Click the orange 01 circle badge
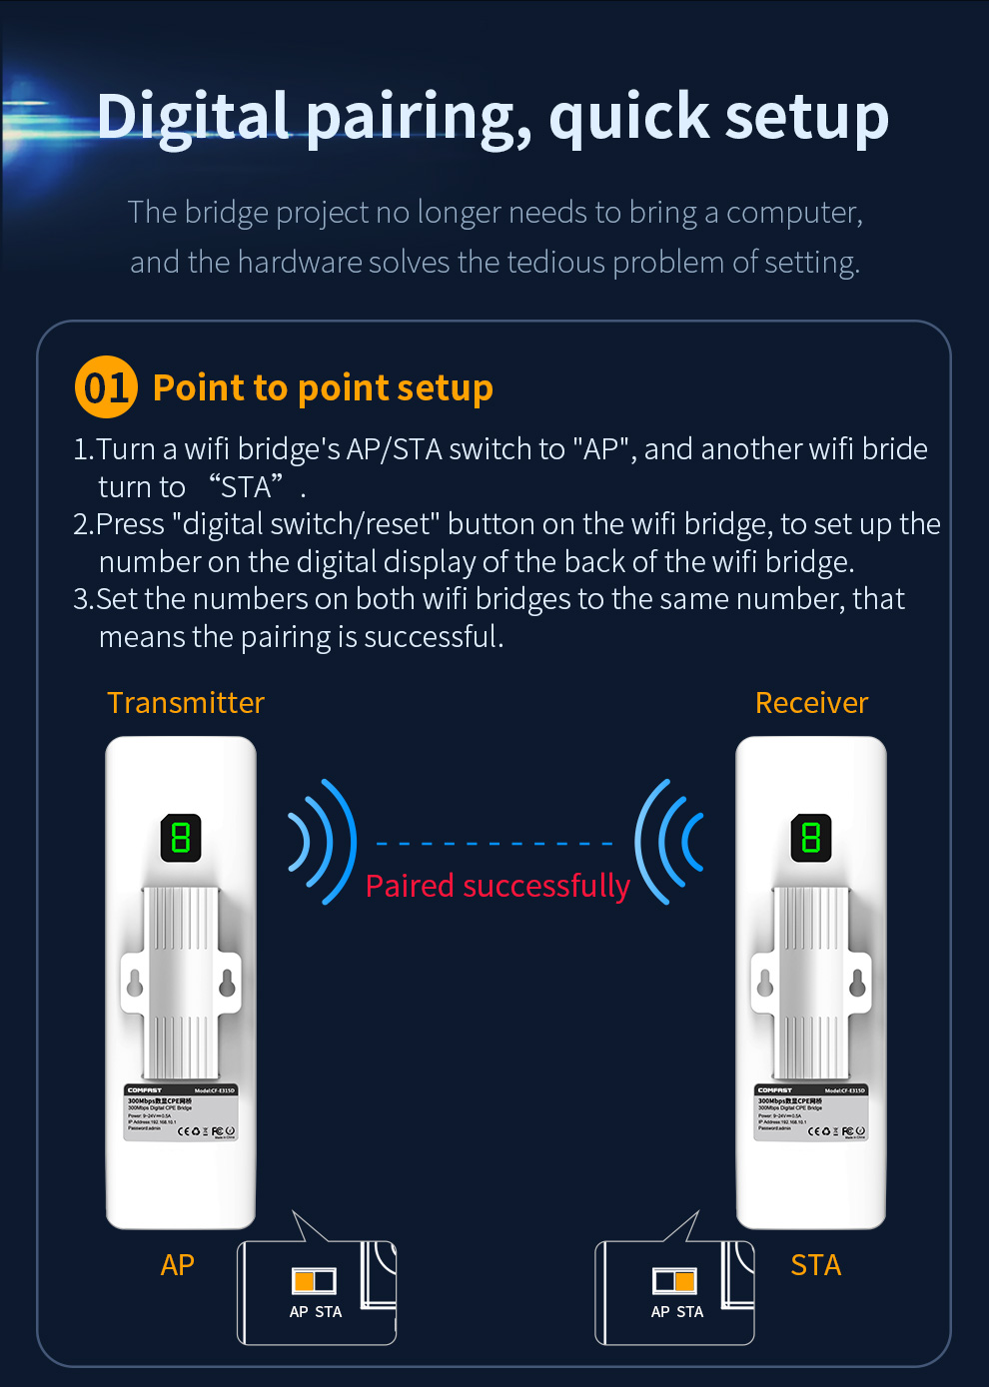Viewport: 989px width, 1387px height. point(106,387)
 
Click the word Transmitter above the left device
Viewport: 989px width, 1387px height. point(186,703)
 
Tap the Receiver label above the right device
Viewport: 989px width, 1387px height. point(811,703)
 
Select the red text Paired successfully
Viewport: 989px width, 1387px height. point(497,886)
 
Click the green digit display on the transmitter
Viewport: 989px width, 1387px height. point(181,838)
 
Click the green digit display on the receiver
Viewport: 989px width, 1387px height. point(811,838)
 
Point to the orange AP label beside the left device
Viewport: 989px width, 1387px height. point(177,1265)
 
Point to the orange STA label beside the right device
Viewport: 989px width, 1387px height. point(815,1265)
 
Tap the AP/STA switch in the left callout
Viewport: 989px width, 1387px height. point(314,1280)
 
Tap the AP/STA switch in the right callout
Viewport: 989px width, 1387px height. point(674,1280)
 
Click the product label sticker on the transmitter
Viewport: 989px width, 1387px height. point(181,1112)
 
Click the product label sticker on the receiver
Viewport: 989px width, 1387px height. point(811,1112)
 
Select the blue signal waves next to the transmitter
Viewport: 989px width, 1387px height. point(323,842)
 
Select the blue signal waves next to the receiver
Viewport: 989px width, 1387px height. point(668,842)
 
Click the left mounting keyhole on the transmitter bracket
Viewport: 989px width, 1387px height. point(135,984)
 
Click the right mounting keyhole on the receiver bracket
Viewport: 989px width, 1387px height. point(857,984)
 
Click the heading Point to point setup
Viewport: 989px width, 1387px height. point(323,387)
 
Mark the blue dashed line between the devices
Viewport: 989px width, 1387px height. point(494,844)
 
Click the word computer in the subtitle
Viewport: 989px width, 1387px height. point(794,213)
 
